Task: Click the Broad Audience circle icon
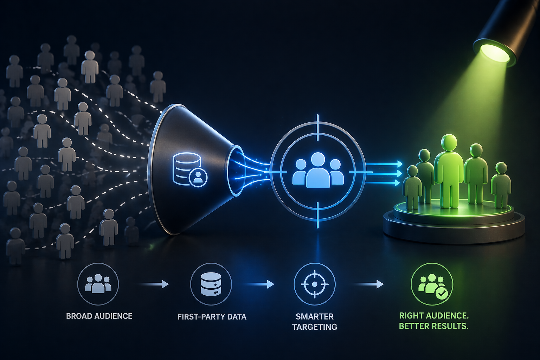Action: [x=98, y=284]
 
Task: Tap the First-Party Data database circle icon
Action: [x=211, y=284]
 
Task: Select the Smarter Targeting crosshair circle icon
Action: [x=315, y=284]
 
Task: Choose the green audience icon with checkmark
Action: [x=432, y=284]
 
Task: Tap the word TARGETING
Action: [x=315, y=327]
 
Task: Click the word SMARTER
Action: [x=315, y=316]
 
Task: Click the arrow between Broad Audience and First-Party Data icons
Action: [x=154, y=284]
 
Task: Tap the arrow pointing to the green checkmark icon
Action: [x=369, y=284]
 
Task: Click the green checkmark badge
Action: [x=442, y=292]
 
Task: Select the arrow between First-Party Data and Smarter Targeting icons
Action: [x=260, y=284]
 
